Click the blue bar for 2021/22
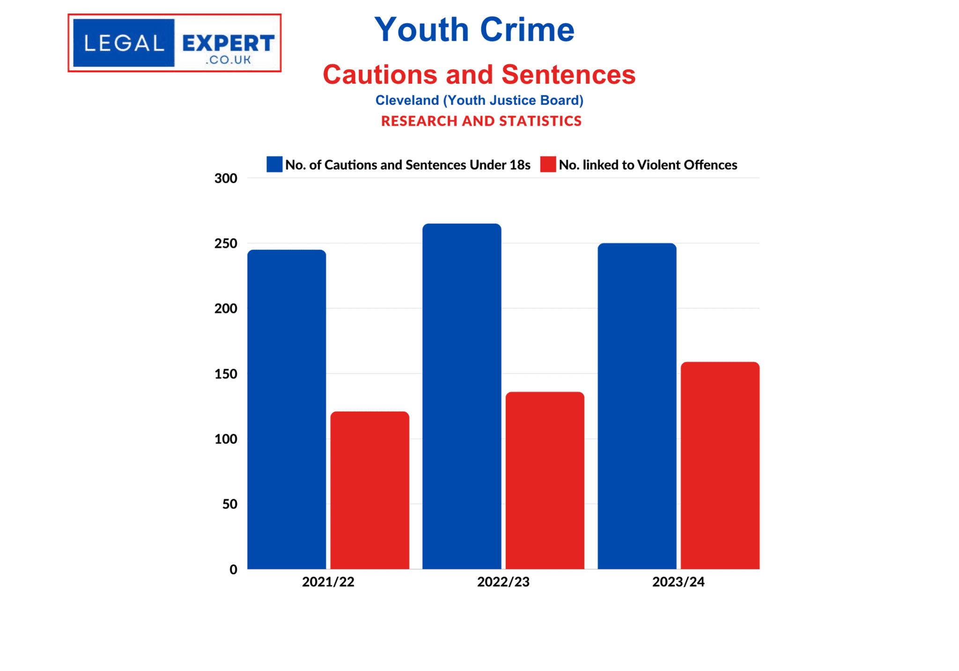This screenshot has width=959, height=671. point(287,409)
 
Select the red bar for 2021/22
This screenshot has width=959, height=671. point(369,490)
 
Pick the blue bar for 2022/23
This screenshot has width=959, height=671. point(462,396)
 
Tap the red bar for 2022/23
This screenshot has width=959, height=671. point(545,480)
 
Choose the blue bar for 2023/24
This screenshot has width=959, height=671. point(637,406)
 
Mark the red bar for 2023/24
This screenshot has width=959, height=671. point(720,465)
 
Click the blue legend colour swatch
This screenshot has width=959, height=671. point(274,164)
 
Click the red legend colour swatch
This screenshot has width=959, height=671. point(548,164)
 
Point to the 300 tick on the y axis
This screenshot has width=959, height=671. point(226,178)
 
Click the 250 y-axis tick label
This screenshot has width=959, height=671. point(226,243)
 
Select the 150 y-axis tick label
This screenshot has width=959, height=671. point(226,374)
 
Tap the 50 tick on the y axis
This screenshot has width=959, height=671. point(229,504)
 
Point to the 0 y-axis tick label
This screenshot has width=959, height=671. point(233,569)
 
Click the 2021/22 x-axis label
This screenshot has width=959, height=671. point(328,582)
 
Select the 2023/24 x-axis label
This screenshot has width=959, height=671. point(678,582)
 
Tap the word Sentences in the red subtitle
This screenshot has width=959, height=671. point(568,74)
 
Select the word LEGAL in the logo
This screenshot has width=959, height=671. point(124,44)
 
